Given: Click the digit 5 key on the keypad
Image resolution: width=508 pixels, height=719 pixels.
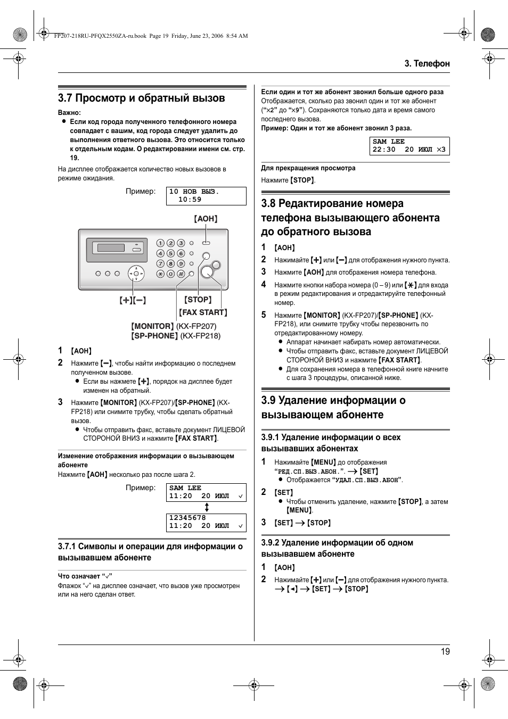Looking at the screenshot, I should (x=170, y=253).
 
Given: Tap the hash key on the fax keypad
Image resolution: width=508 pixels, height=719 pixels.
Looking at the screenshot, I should (x=181, y=274).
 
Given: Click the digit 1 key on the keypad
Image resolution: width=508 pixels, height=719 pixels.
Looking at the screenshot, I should (x=160, y=243).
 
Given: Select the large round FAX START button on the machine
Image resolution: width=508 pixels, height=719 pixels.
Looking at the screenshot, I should (x=207, y=272).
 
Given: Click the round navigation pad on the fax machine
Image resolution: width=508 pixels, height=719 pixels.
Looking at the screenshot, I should (x=136, y=274).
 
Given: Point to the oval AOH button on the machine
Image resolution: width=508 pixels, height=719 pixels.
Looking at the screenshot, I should (x=206, y=243).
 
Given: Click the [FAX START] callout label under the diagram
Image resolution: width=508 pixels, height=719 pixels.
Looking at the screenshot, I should (x=203, y=312).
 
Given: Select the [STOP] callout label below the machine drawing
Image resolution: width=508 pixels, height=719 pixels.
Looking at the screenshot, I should (x=198, y=300).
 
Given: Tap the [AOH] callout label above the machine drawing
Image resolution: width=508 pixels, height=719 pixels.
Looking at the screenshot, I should (x=206, y=219).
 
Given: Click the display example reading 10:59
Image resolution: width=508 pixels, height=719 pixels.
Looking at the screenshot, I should (x=190, y=200).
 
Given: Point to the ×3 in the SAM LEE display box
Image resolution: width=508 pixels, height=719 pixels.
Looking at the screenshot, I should (x=441, y=150).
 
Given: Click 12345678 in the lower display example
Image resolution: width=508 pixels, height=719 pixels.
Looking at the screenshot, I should (x=187, y=517).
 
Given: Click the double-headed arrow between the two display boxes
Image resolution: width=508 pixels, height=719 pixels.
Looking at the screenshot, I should (x=207, y=508).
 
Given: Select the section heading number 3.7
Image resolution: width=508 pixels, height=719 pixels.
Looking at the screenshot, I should (x=65, y=98).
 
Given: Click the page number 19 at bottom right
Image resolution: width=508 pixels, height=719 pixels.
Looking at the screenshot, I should (x=445, y=651).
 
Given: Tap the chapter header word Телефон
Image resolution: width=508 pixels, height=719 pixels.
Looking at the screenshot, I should (x=431, y=63).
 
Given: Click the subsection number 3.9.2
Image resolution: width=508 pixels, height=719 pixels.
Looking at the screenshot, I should (x=270, y=543).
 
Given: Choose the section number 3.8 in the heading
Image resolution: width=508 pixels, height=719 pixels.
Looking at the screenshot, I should (x=268, y=203).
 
